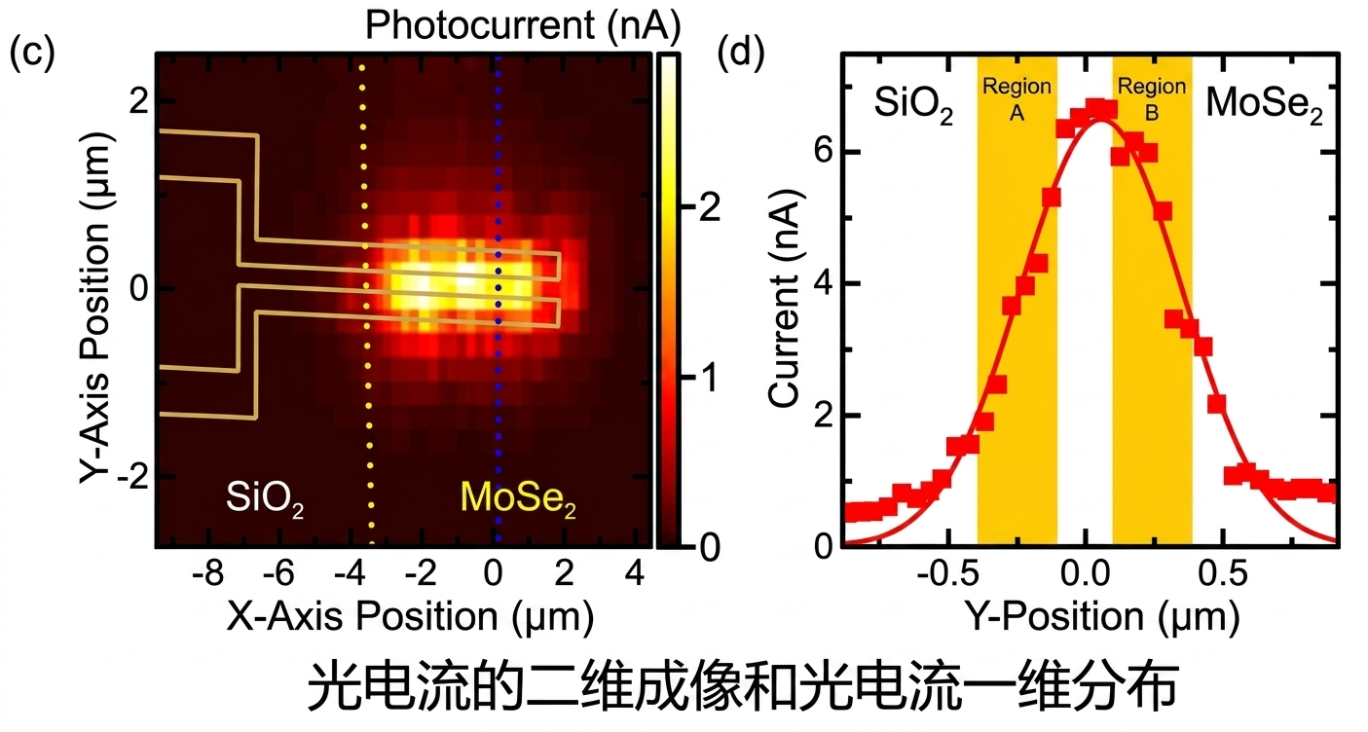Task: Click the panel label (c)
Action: [32, 53]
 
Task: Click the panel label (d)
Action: [741, 53]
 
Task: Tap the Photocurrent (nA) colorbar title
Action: [523, 25]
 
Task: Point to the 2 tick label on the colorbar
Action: [710, 208]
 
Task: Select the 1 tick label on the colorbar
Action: [710, 378]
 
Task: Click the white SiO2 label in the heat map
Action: [265, 497]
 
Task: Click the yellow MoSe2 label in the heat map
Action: [518, 497]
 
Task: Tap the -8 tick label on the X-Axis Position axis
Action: [207, 573]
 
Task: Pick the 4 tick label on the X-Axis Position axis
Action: [635, 573]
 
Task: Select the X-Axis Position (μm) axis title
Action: [411, 616]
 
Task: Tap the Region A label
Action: [1017, 99]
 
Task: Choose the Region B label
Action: [1152, 99]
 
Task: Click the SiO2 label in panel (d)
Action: [913, 104]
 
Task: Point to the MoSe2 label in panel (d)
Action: [1264, 104]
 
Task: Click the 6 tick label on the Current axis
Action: [824, 150]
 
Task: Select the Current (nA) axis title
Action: [784, 298]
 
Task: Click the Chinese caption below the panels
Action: [743, 687]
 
